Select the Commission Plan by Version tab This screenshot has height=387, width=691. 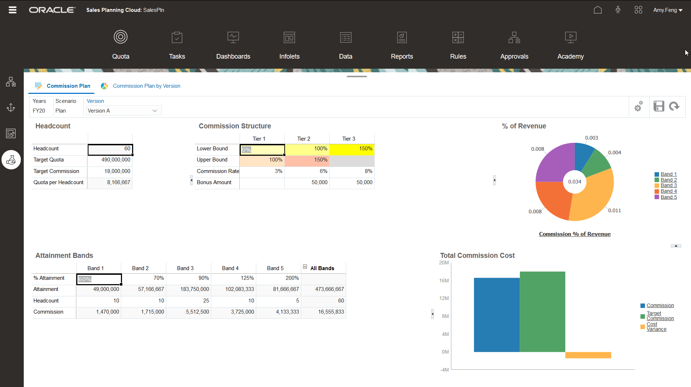tap(146, 86)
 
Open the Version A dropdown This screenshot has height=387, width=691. tap(155, 111)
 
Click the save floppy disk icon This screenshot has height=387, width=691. tap(659, 106)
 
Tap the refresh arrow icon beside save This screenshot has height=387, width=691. tap(674, 106)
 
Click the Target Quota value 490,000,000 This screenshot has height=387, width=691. tap(110, 160)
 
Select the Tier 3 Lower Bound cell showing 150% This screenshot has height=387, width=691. tap(352, 149)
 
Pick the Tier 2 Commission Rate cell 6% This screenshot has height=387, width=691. tap(307, 171)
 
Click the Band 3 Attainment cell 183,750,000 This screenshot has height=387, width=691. tap(189, 289)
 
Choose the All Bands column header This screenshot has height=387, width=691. tap(322, 268)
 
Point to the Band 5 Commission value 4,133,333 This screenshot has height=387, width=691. tap(279, 312)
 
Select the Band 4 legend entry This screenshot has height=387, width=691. tap(668, 191)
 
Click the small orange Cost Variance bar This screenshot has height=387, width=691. tap(588, 355)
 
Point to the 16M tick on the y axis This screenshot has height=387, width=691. tap(444, 281)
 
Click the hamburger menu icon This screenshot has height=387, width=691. tap(13, 10)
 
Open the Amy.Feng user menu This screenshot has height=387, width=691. tap(668, 10)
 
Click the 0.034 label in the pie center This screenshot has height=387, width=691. tap(574, 182)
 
